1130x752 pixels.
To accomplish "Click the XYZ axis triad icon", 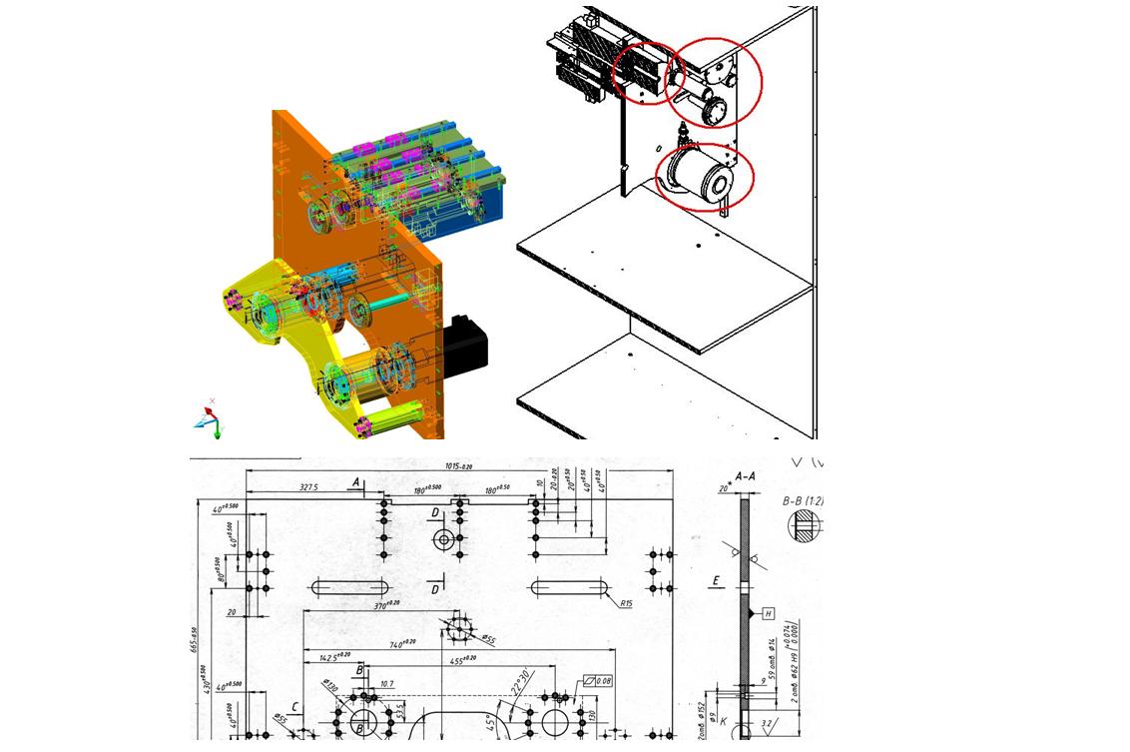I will click(x=210, y=419).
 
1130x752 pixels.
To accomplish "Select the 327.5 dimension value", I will click(x=308, y=487).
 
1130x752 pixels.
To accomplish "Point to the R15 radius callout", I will click(x=626, y=603).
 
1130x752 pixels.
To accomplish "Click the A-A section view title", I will click(x=745, y=477).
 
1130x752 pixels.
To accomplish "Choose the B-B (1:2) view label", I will click(x=803, y=500).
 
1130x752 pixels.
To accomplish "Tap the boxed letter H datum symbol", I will click(x=768, y=613).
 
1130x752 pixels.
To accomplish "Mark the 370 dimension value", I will click(x=385, y=604).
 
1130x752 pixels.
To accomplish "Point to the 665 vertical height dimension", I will click(x=195, y=639).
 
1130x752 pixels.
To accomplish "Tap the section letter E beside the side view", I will click(x=716, y=579).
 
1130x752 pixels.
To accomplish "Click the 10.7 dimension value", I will click(x=387, y=684).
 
